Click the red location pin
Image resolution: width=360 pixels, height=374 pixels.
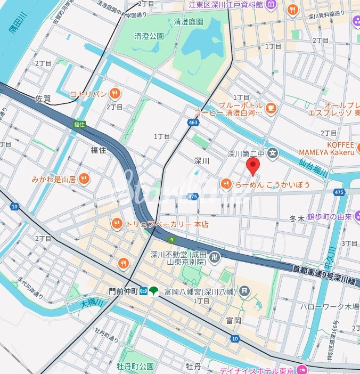click(x=253, y=166)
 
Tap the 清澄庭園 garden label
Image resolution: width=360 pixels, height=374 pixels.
click(x=189, y=22)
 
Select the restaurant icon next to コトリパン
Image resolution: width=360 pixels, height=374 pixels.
click(x=114, y=94)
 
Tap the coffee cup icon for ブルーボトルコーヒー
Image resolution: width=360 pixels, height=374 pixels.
click(x=271, y=108)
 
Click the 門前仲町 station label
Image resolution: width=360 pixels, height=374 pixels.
click(x=123, y=291)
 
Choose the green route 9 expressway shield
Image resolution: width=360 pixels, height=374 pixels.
click(x=170, y=240)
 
